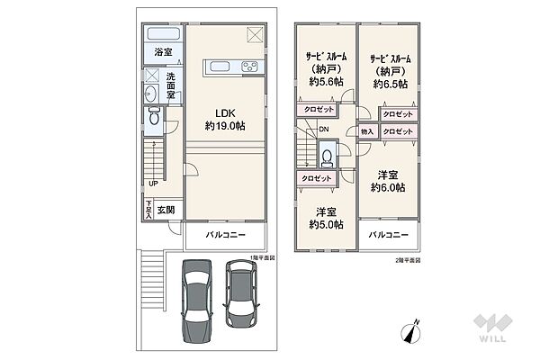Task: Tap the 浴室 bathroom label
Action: (x=163, y=52)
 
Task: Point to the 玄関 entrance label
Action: (x=166, y=210)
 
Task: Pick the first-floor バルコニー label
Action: (x=226, y=234)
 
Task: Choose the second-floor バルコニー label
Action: (x=388, y=234)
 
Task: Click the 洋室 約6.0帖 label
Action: (x=387, y=180)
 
